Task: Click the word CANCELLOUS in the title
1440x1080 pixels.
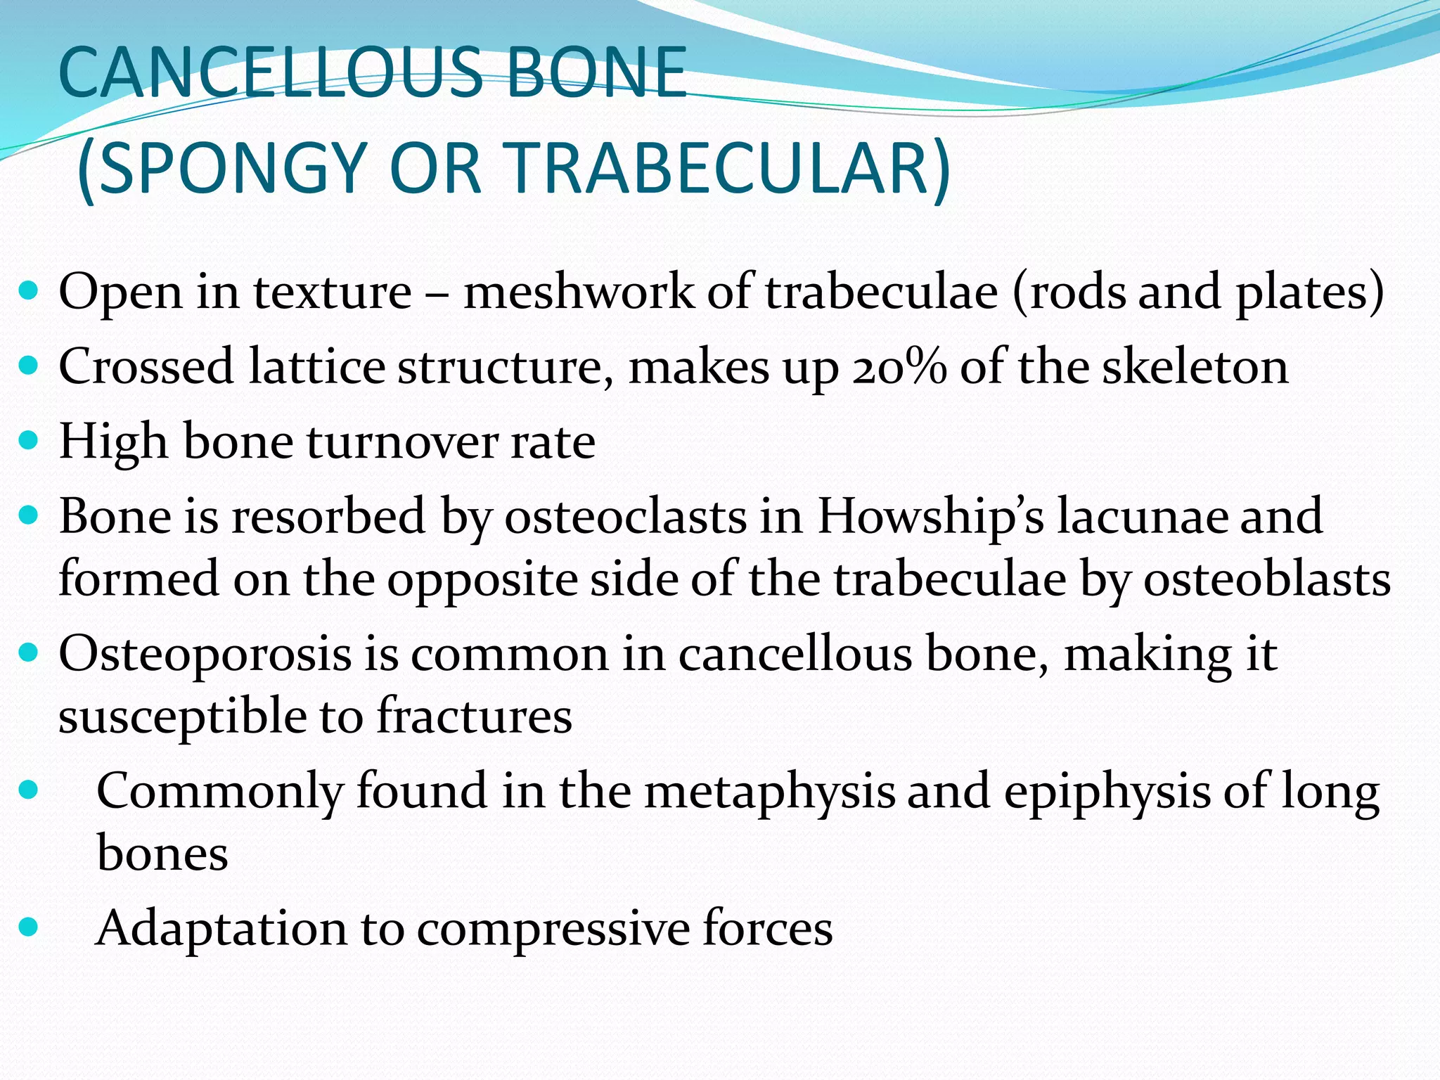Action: click(271, 72)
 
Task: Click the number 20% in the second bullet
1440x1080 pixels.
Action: click(899, 367)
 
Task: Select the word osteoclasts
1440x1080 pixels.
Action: click(626, 516)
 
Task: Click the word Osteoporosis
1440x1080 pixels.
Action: click(205, 655)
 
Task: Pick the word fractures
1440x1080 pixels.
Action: click(475, 716)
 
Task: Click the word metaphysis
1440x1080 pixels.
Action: click(770, 791)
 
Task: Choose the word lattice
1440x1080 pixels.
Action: click(316, 367)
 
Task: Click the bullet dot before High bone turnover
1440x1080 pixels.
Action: click(28, 442)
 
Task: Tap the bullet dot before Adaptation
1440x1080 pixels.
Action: click(28, 928)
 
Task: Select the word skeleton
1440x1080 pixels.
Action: click(1195, 367)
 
